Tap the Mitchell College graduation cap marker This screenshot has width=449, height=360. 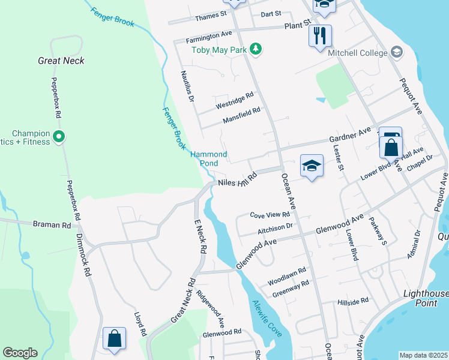396,52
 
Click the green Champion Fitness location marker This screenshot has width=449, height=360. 59,137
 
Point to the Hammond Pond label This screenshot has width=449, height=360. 209,159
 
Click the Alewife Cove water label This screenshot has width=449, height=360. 267,317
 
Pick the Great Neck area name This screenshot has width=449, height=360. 61,61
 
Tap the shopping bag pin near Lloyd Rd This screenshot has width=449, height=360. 114,338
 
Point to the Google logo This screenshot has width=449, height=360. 20,353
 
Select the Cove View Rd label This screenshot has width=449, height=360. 270,215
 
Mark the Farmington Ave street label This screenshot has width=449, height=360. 209,37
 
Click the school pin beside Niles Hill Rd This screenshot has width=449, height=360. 312,166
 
